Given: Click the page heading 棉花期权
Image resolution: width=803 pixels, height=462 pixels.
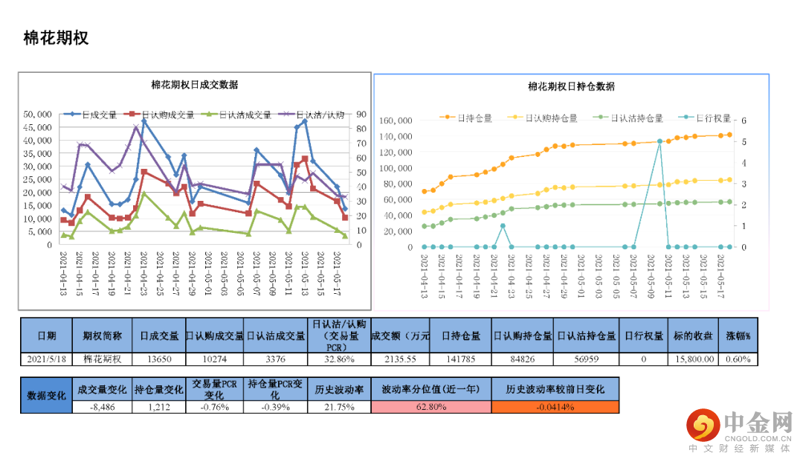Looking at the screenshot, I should point(56,38).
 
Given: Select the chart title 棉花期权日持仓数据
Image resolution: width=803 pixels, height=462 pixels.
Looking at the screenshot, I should point(571,86).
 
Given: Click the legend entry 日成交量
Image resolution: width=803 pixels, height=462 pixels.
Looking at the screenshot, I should point(98,115).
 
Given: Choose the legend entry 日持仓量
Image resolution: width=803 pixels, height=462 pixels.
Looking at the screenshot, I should point(474,118).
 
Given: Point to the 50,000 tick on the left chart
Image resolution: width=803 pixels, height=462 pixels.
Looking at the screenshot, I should point(37,115).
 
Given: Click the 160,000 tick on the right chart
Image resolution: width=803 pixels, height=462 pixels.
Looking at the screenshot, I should point(395,121).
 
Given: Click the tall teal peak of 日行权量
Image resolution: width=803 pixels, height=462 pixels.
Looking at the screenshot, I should point(660,141).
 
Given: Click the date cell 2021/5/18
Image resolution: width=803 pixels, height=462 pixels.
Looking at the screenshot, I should point(46,359).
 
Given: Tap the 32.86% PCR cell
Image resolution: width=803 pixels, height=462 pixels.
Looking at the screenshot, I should point(338,359).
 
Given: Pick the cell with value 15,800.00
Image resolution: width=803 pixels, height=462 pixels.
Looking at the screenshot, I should point(694,359).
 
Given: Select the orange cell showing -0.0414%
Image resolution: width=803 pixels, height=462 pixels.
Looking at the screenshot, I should point(554,407).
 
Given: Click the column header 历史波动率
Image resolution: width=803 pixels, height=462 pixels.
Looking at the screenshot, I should point(338,390).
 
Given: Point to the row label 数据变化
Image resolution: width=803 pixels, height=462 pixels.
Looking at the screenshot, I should point(46,396).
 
